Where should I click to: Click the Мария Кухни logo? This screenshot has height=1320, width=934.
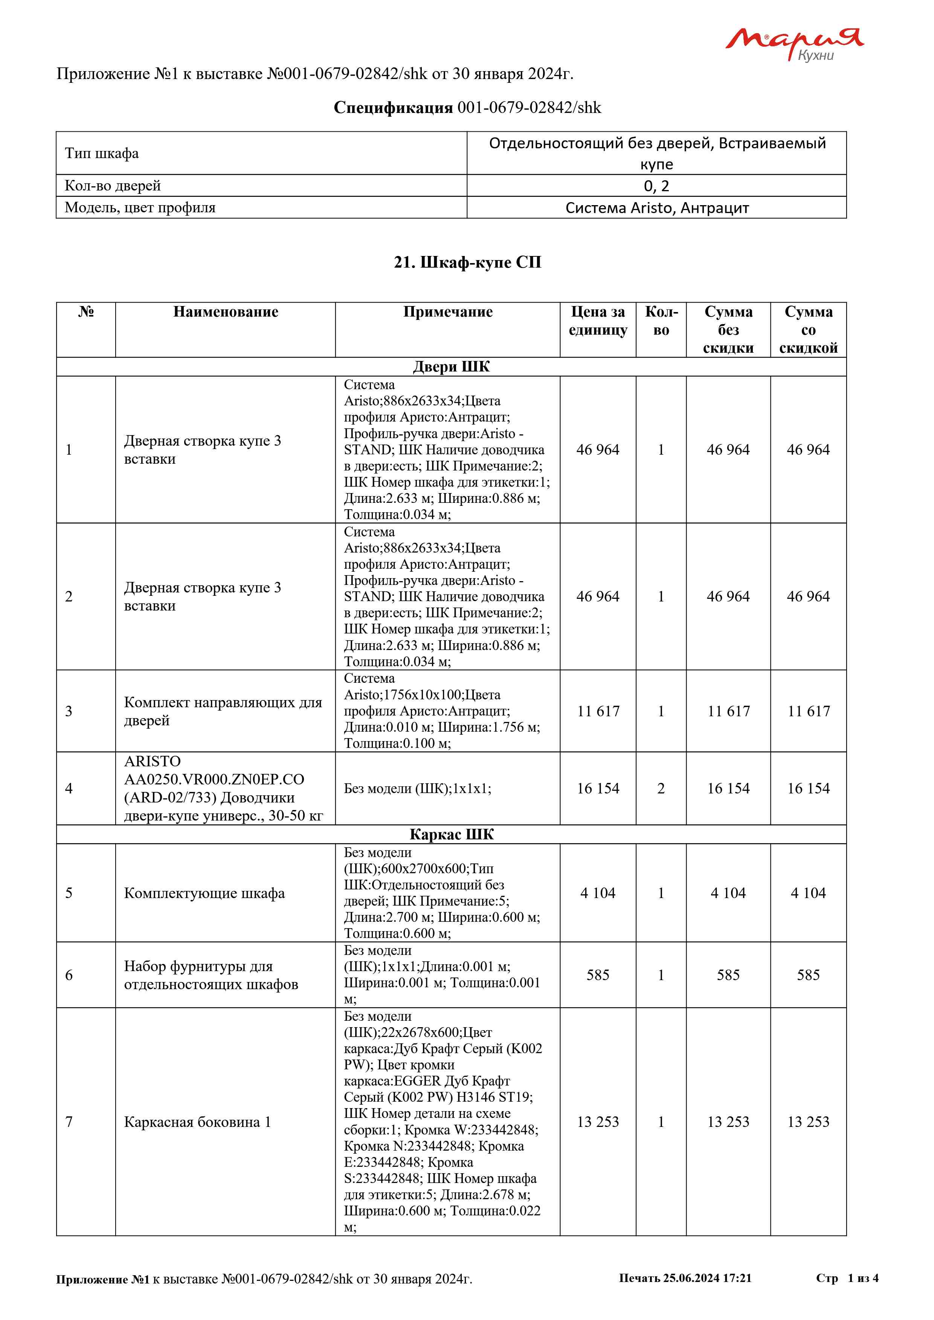pyautogui.click(x=794, y=44)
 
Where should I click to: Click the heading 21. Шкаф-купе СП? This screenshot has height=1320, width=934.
pyautogui.click(x=467, y=262)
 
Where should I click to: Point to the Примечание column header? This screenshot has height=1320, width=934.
pyautogui.click(x=447, y=312)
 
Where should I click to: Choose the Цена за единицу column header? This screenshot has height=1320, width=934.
pyautogui.click(x=598, y=321)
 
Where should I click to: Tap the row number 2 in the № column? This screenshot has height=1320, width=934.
pyautogui.click(x=69, y=596)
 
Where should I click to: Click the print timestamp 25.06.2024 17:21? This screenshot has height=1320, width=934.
pyautogui.click(x=707, y=1278)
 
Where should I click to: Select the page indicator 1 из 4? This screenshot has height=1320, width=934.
pyautogui.click(x=863, y=1278)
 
